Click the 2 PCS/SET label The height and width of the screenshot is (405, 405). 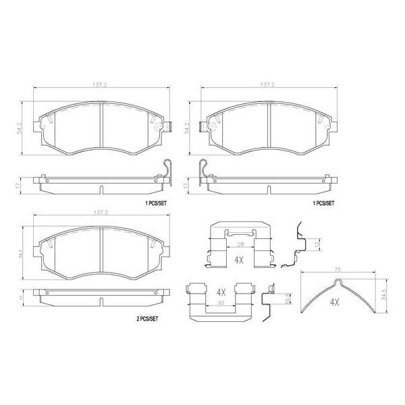tap(144, 320)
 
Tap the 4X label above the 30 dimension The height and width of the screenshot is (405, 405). tap(220, 292)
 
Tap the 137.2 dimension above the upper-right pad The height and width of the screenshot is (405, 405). tap(269, 86)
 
